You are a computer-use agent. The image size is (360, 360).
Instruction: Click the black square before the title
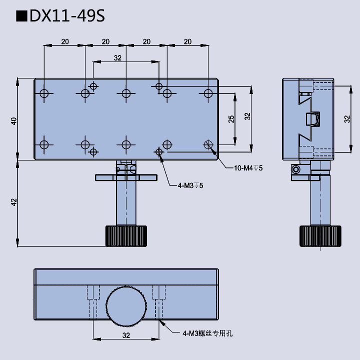click(21, 16)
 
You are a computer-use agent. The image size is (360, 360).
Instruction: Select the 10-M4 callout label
click(248, 168)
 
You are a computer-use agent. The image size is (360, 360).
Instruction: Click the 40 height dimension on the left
click(14, 120)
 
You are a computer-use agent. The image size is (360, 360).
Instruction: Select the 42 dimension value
click(14, 202)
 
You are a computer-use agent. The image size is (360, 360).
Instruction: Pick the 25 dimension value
click(231, 119)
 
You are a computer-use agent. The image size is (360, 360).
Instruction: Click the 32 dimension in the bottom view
click(126, 335)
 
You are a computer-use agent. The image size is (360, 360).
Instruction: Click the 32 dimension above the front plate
click(117, 58)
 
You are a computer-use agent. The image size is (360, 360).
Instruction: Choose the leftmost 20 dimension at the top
click(64, 41)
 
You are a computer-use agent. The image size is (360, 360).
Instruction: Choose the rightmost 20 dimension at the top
click(187, 41)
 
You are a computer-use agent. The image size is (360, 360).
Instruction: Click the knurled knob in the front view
click(126, 236)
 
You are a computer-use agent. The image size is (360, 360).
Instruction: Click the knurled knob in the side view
click(320, 236)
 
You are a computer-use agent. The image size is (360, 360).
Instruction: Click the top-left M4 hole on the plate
click(44, 93)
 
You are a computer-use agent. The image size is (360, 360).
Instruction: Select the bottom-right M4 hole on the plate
click(208, 144)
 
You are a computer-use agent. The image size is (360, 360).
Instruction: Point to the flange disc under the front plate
click(126, 177)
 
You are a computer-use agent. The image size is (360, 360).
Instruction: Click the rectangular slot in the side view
click(311, 119)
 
